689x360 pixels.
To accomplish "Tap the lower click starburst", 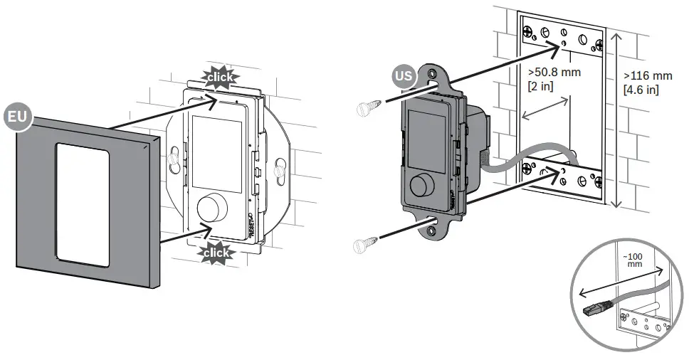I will (x=215, y=253).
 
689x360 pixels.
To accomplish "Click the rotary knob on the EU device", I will (x=209, y=208).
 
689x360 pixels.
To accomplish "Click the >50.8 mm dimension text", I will (x=554, y=73).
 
